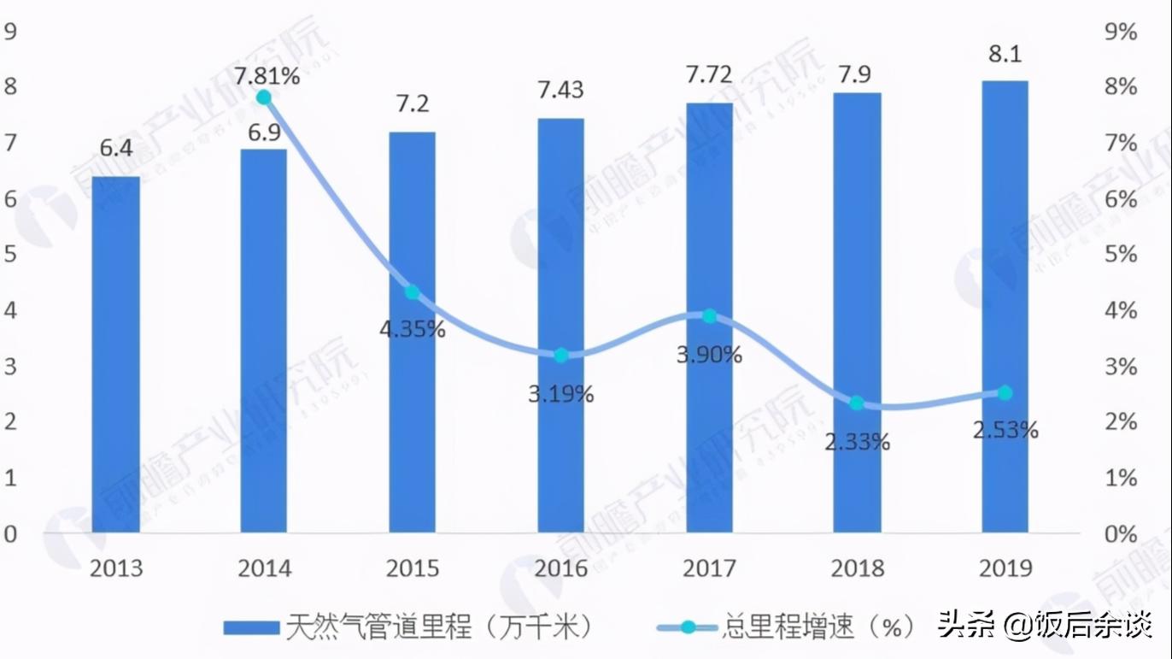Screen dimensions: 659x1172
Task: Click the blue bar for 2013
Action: pyautogui.click(x=115, y=355)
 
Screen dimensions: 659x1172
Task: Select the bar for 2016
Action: pyautogui.click(x=560, y=325)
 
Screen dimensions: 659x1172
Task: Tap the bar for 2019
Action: pyautogui.click(x=1005, y=307)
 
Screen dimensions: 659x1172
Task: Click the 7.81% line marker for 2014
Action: pyautogui.click(x=264, y=97)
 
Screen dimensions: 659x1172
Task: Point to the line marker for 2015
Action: pyautogui.click(x=412, y=292)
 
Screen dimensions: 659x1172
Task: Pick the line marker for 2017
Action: pyautogui.click(x=709, y=316)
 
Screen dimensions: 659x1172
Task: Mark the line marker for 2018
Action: pyautogui.click(x=857, y=403)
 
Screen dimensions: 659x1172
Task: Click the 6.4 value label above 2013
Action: pyautogui.click(x=116, y=148)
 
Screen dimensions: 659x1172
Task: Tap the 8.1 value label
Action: pyautogui.click(x=1005, y=54)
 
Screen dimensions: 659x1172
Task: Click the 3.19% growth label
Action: pyautogui.click(x=560, y=394)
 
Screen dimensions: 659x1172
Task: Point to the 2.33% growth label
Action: pyautogui.click(x=858, y=441)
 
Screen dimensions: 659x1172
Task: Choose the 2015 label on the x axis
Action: pyautogui.click(x=413, y=568)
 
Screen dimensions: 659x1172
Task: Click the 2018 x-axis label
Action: pyautogui.click(x=857, y=568)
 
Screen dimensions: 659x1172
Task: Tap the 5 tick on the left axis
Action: pyautogui.click(x=10, y=255)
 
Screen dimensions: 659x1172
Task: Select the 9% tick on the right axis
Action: pyautogui.click(x=1120, y=32)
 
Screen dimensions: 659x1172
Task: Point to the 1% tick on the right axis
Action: pyautogui.click(x=1120, y=478)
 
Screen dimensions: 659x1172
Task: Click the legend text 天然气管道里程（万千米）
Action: pyautogui.click(x=439, y=628)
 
